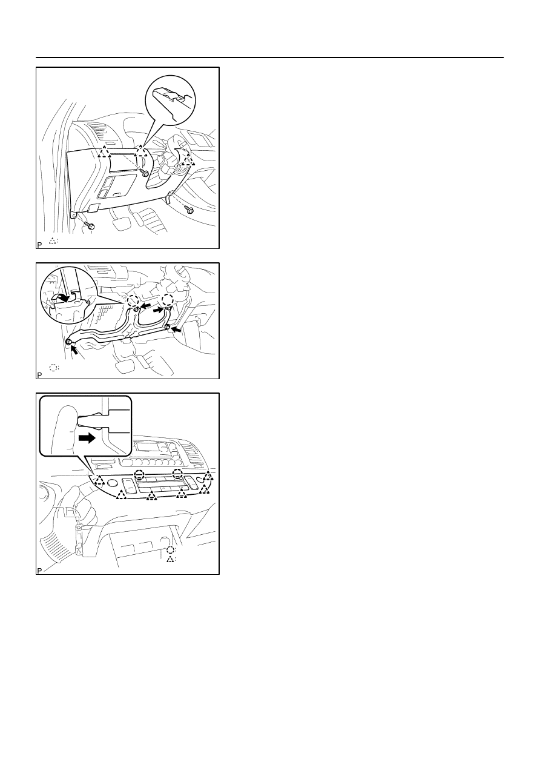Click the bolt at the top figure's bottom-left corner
pos(90,225)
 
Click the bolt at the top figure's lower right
pos(189,210)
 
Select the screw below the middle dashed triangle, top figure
pos(145,173)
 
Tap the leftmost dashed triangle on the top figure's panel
pos(104,151)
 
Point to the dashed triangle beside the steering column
pos(188,159)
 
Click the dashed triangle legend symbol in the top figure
pos(53,240)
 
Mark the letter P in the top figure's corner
pos(39,245)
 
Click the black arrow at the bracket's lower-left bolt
pos(74,349)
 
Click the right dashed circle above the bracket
pos(168,300)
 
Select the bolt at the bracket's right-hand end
pos(168,328)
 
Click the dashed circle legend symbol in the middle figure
pos(53,368)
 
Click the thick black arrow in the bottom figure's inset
pos(87,439)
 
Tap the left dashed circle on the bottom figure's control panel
pos(139,474)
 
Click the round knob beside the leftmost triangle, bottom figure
pos(111,483)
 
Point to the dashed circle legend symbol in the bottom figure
pos(171,550)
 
